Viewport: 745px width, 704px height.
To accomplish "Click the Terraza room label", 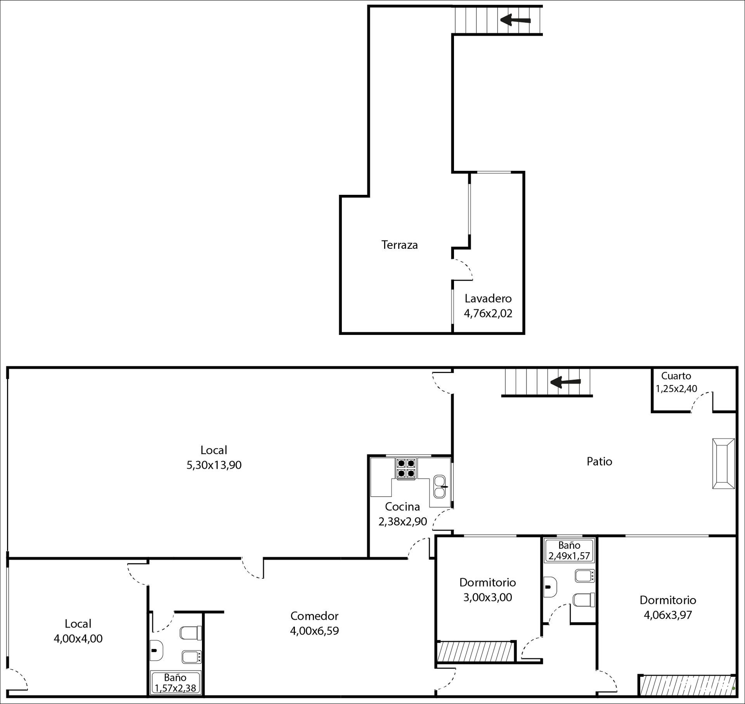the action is tap(399, 245).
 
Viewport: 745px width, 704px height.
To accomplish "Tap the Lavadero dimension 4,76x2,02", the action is tap(488, 313).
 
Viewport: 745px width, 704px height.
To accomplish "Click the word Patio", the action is tap(599, 461).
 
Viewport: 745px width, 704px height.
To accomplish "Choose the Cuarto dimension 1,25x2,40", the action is tap(676, 388).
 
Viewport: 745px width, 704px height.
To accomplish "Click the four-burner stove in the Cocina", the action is tap(406, 468).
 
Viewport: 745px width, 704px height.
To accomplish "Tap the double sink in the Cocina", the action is tap(440, 487).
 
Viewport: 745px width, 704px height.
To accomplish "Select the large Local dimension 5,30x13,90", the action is tap(214, 465).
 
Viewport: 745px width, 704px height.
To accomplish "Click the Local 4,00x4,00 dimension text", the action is tap(78, 638).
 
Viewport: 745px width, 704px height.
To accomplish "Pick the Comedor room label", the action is tap(314, 616).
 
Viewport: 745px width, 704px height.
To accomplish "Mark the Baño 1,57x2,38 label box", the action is tap(175, 682).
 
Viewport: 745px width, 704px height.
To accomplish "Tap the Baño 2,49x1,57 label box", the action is tap(569, 551).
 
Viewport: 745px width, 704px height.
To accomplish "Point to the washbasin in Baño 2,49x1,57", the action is tap(551, 586).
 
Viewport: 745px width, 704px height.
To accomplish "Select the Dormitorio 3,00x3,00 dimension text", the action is tap(488, 597).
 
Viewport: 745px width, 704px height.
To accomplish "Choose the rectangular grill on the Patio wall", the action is tap(724, 463).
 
